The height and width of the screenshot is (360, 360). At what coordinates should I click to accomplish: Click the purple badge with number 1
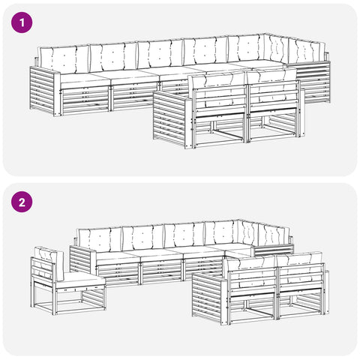point(22,22)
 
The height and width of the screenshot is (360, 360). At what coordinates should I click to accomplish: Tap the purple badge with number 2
point(22,202)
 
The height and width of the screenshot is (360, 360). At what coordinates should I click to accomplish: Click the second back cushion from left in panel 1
point(113,57)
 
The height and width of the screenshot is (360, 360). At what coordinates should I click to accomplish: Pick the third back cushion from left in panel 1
point(160,54)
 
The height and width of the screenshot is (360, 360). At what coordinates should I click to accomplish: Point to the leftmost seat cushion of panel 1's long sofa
point(85,78)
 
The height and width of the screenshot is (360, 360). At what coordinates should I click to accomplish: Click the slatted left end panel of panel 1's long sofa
point(42,91)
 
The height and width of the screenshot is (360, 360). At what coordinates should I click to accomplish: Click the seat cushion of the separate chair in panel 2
point(80,279)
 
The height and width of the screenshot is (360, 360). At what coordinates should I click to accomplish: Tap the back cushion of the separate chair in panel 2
point(49,260)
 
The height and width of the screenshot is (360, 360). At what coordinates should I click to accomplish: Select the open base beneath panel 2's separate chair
point(69,300)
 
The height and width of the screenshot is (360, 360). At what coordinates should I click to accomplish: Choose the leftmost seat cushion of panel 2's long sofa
point(118,256)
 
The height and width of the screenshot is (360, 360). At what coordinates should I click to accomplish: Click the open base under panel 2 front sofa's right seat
point(302,306)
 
